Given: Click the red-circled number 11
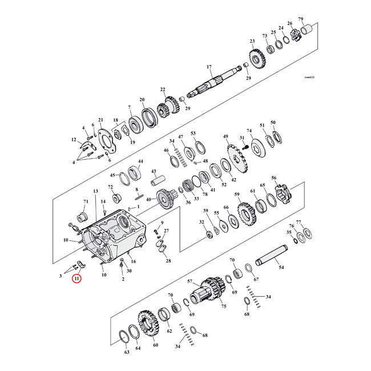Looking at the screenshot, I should click(x=76, y=279).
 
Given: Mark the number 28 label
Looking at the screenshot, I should click(x=168, y=261).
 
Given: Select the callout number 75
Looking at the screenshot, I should click(x=224, y=307).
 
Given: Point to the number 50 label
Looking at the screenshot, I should click(x=273, y=123).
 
